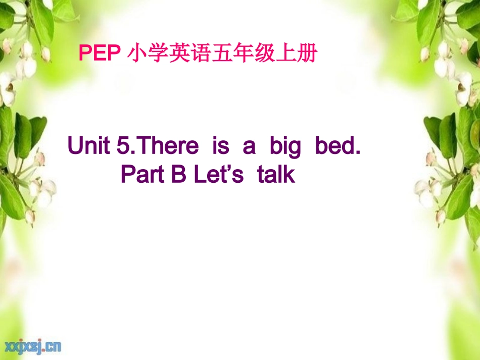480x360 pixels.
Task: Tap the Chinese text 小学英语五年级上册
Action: click(222, 53)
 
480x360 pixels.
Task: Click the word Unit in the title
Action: click(89, 146)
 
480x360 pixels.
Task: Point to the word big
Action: click(285, 147)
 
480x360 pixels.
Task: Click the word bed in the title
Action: click(337, 146)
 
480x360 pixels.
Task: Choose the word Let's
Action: click(219, 175)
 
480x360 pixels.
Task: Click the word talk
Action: click(275, 175)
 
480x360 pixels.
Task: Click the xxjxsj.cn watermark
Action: click(33, 346)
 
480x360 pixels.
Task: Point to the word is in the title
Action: click(220, 146)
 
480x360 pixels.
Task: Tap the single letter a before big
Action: click(249, 147)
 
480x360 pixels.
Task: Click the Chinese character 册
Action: click(307, 53)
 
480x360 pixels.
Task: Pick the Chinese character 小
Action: click(137, 53)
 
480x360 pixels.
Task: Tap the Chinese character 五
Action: click(222, 53)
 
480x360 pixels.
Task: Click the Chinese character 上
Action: click(285, 53)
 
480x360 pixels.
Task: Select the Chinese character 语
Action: click(201, 53)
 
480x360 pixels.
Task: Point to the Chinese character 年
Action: click(243, 53)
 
